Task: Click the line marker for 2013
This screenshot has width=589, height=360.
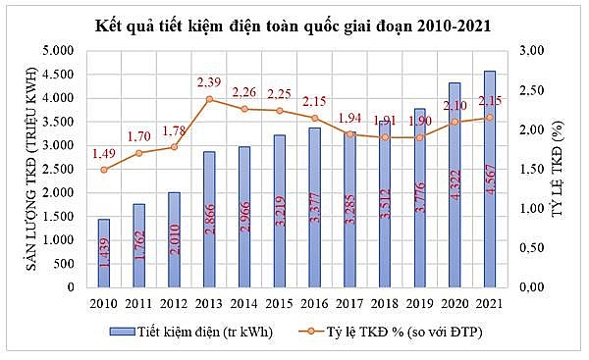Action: [208, 99]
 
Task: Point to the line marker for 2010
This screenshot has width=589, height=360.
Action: [103, 170]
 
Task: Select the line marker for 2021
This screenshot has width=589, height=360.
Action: [490, 118]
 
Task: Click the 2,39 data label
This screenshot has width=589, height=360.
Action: [209, 81]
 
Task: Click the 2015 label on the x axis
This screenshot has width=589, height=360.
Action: [279, 303]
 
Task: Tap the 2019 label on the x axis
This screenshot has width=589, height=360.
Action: [419, 303]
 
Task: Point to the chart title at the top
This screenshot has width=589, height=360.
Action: [294, 23]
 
